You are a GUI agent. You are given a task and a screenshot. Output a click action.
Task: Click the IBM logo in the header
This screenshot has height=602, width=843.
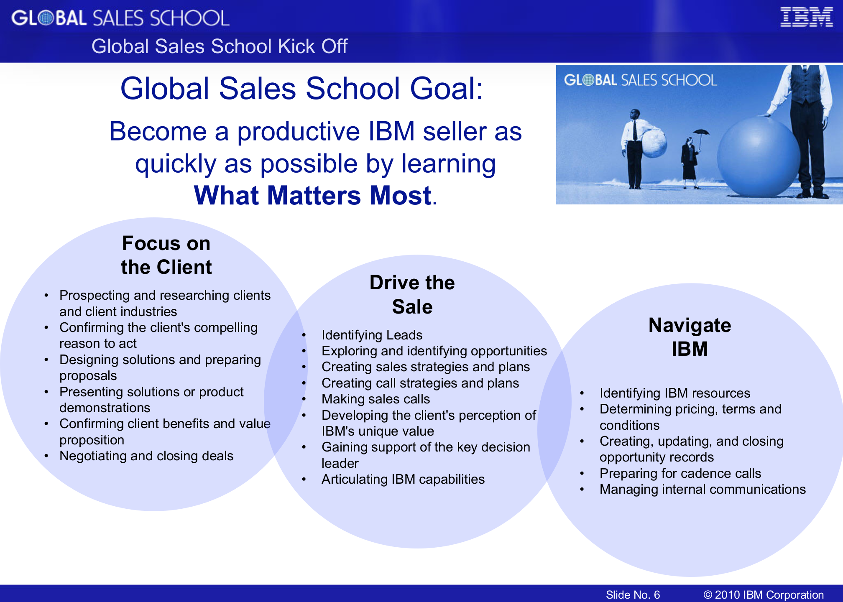point(807,17)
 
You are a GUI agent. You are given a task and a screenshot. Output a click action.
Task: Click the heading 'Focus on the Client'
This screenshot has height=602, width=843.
point(166,255)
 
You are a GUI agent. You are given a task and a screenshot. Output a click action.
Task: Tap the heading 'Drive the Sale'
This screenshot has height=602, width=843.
point(412,294)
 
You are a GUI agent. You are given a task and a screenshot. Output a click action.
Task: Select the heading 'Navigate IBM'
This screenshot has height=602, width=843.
point(690,337)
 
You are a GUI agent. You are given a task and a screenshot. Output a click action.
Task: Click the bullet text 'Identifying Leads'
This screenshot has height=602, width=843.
point(372,335)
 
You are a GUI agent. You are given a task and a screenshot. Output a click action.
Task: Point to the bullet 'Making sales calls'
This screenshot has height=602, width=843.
point(376,399)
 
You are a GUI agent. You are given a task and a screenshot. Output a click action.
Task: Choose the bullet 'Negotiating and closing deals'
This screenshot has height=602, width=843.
point(146,456)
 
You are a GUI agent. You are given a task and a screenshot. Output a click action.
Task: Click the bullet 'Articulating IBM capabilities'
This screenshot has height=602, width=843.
point(403,479)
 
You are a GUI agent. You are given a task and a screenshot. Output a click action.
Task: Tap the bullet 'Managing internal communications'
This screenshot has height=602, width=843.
point(702,489)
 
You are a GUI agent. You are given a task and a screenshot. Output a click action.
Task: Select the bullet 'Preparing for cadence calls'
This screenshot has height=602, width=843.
point(680,473)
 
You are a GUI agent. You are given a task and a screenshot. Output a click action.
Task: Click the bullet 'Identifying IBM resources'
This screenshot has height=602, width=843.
point(675,393)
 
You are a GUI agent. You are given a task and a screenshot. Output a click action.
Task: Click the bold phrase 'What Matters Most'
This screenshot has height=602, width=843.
point(313,195)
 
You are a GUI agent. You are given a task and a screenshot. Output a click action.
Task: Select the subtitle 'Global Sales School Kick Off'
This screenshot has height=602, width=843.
point(220,46)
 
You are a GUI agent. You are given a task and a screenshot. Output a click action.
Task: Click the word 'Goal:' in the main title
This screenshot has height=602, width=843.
point(447,89)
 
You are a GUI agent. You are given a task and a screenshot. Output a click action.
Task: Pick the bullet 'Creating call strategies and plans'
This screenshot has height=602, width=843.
point(420,383)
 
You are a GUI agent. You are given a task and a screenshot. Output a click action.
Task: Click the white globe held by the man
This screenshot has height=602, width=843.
point(654,143)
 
